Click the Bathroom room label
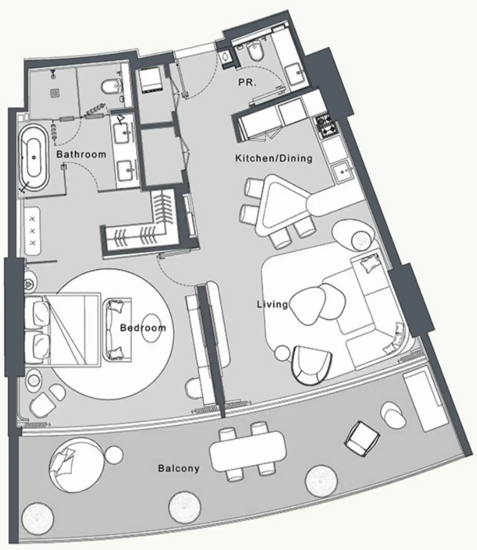[81, 154]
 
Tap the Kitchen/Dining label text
[274, 158]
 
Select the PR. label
[247, 82]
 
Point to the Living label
[272, 305]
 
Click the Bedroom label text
[143, 328]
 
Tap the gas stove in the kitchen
[327, 127]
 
